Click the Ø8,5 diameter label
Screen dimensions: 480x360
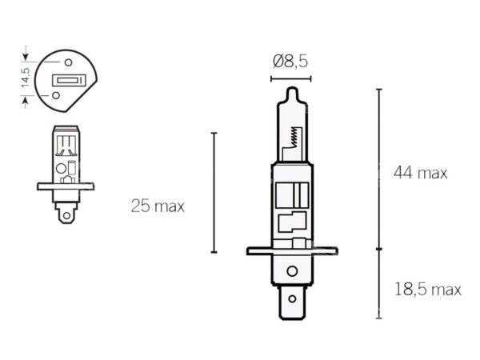(290, 62)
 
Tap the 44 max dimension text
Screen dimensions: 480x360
(420, 173)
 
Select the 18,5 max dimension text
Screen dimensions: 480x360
(428, 290)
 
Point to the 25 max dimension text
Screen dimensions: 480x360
(158, 206)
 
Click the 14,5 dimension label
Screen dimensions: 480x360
(26, 78)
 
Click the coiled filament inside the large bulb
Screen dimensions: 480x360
(294, 137)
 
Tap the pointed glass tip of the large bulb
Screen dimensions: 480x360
(292, 91)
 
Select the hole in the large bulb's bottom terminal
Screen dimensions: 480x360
(292, 298)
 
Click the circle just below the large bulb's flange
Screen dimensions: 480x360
(292, 271)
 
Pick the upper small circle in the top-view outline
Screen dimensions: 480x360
(68, 62)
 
